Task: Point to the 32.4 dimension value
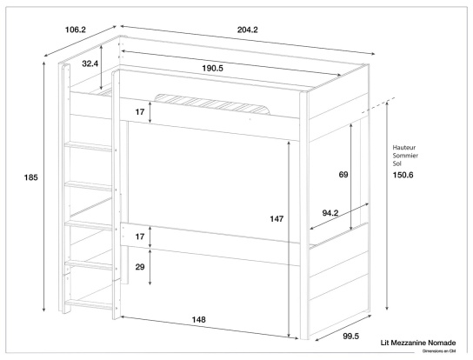coord(90,63)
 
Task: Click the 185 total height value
coord(31,177)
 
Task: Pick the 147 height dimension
coord(276,219)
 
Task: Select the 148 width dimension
coord(199,320)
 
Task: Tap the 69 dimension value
coord(343,175)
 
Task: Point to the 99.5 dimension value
coord(350,334)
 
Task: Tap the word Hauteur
coord(406,147)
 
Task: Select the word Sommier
coord(407,155)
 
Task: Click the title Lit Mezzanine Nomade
coord(417,343)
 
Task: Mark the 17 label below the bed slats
coord(140,110)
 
